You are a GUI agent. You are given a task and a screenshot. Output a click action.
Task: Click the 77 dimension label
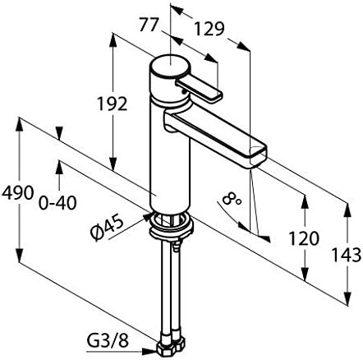[149, 25]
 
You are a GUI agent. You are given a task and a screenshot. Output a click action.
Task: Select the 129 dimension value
[209, 29]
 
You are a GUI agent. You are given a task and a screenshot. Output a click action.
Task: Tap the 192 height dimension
[113, 104]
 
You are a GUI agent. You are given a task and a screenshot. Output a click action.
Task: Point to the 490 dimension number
[17, 192]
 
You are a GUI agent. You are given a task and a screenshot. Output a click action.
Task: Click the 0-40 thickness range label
[57, 203]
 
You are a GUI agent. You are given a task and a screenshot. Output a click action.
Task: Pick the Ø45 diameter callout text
[107, 228]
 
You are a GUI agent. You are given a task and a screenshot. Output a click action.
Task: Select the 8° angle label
[232, 198]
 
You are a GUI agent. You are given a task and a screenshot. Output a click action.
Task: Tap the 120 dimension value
[304, 238]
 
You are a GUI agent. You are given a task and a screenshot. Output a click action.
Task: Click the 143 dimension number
[347, 255]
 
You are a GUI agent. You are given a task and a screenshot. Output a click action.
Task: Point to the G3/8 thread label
[108, 341]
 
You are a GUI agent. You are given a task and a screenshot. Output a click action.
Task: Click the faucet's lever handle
[200, 90]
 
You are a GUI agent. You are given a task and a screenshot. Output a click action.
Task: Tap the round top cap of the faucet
[169, 67]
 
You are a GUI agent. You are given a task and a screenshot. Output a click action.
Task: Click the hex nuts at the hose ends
[170, 347]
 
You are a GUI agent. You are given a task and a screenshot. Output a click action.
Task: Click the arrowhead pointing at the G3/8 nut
[149, 351]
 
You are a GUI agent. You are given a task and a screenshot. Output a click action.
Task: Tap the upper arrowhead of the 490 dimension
[20, 124]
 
